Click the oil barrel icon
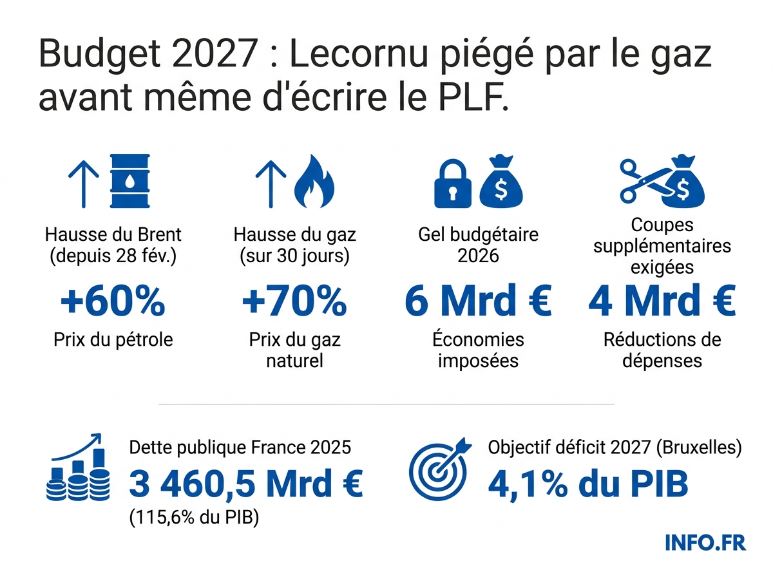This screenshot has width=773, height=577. tap(131, 181)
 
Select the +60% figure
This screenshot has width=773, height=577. tap(113, 302)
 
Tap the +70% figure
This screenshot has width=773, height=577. tap(294, 302)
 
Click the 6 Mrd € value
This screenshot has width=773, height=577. tap(478, 302)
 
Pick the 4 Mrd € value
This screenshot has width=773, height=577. tap(662, 302)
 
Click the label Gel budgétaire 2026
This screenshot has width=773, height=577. tap(478, 244)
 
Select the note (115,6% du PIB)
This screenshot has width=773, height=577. tap(194, 517)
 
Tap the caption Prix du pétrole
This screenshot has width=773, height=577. tap(113, 339)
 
